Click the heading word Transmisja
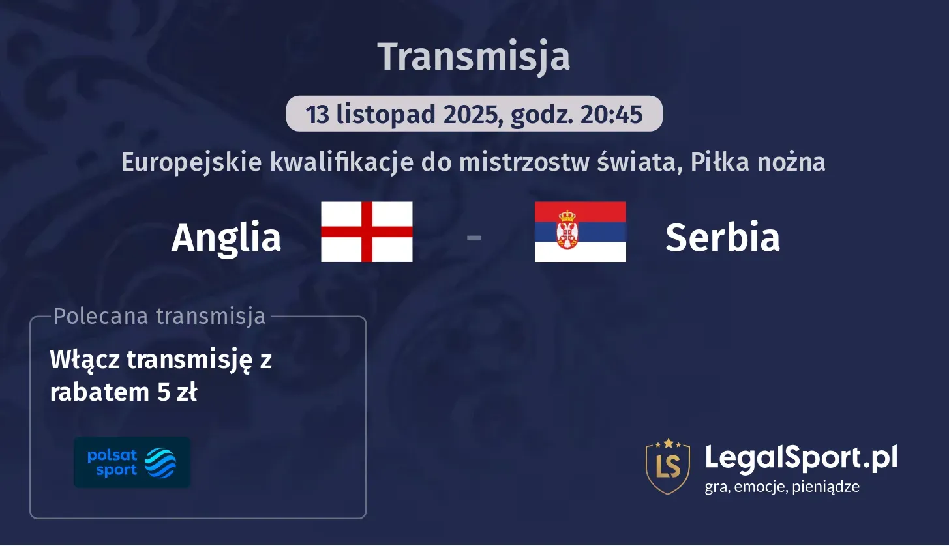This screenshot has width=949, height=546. [x=474, y=57]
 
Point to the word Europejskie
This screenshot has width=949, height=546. [x=190, y=162]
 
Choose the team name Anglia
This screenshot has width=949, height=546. [x=226, y=238]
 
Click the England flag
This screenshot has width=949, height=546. [x=367, y=232]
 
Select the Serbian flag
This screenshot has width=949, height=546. [x=580, y=232]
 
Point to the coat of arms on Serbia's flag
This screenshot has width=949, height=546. [x=567, y=229]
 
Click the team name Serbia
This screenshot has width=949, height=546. [x=722, y=238]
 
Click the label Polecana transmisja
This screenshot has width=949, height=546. [x=159, y=316]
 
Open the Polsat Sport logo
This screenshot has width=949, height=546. [x=132, y=463]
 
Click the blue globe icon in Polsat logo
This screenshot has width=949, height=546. [x=160, y=463]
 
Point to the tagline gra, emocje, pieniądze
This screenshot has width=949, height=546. [x=781, y=487]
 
